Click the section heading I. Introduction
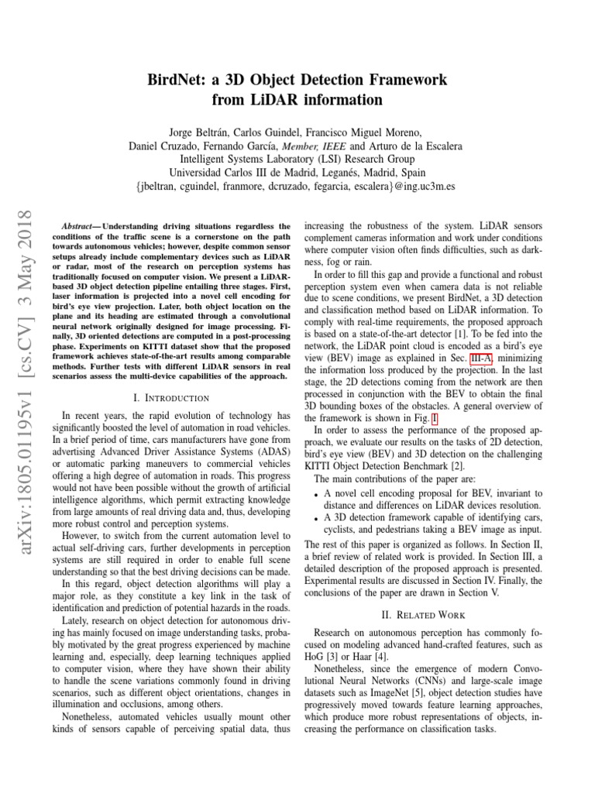click(171, 397)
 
